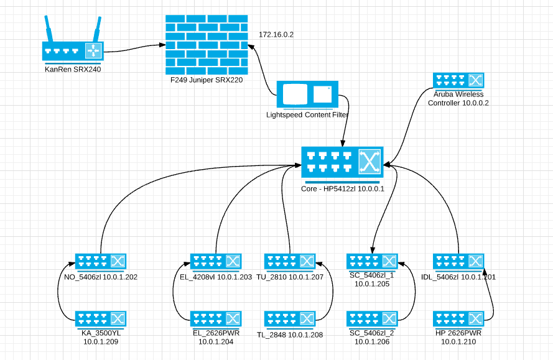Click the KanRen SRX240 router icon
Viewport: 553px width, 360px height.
[x=73, y=51]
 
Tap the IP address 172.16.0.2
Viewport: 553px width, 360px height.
[x=276, y=34]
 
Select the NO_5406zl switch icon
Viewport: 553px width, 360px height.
[x=101, y=261]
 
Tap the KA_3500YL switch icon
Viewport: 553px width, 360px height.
[x=101, y=319]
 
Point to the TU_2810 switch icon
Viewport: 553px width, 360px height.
[x=290, y=261]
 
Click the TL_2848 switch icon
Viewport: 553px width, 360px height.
[x=290, y=319]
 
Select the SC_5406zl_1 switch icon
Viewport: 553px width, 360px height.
[x=372, y=261]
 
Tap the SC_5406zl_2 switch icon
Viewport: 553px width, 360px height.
[x=372, y=319]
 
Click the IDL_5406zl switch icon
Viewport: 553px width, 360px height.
[x=458, y=261]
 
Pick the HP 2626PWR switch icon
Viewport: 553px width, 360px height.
[x=458, y=319]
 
